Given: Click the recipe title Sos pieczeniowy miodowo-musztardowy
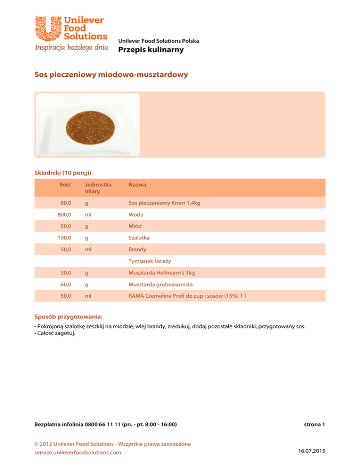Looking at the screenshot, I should point(112,75).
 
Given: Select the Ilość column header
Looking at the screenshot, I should point(65,185).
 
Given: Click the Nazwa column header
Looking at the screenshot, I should point(137,185).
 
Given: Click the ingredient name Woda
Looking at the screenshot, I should point(136,214).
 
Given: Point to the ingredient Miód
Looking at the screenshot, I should point(135,226).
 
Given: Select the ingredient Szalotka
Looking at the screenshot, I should point(139,238).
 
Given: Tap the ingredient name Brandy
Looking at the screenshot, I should point(138,249).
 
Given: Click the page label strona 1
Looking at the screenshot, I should point(314,425).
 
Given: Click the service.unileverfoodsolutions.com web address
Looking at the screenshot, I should point(78,452).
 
